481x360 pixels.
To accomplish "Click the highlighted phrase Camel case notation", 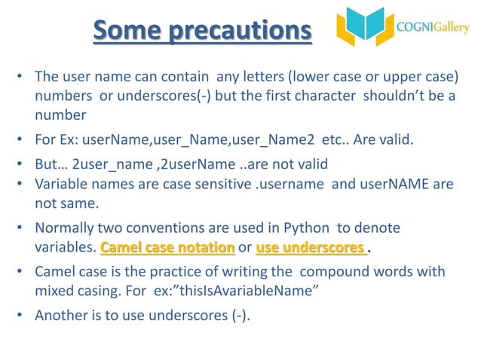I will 167,247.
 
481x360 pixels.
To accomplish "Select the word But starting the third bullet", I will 47,165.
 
